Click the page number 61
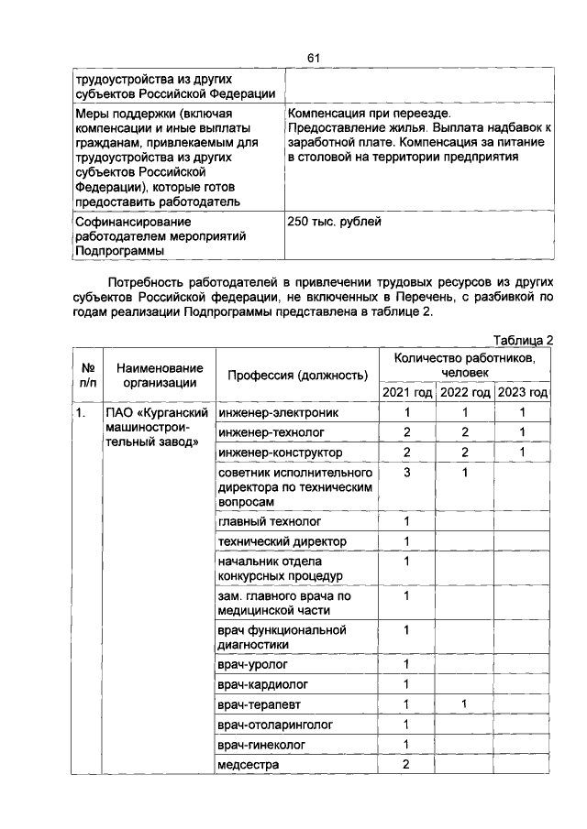(x=312, y=59)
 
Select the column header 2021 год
(x=406, y=392)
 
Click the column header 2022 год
(x=464, y=392)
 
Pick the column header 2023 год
(x=523, y=392)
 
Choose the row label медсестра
(x=248, y=764)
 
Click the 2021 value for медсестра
(x=406, y=764)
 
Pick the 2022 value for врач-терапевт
(x=464, y=704)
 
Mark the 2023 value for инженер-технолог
(x=523, y=432)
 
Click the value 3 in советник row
(x=406, y=473)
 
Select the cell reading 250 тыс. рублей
(x=334, y=221)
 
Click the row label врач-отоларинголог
(x=275, y=724)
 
